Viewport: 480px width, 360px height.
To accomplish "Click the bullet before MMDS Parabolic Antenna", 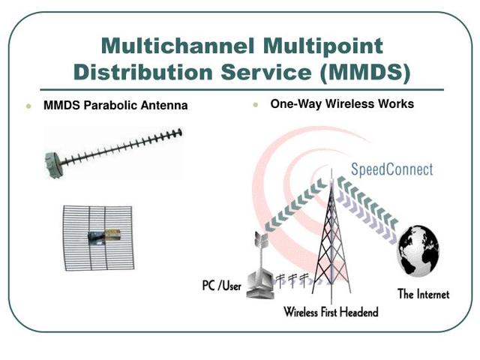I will [28, 106].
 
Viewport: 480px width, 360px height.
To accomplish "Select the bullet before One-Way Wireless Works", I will [255, 105].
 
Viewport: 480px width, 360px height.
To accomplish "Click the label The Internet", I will [423, 294].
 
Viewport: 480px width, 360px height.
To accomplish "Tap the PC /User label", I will [221, 286].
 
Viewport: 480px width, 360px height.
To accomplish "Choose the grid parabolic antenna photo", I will [97, 237].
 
